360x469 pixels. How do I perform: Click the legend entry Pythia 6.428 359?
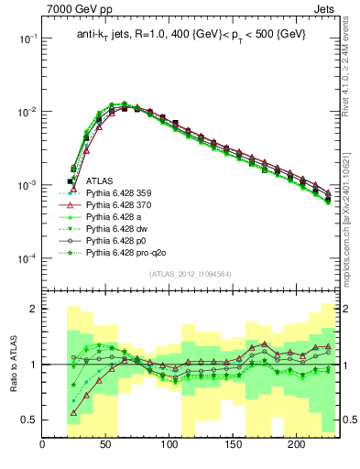click(x=120, y=194)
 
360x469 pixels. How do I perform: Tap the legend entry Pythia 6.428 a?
click(x=115, y=217)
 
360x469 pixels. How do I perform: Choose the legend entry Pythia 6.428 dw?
click(x=118, y=228)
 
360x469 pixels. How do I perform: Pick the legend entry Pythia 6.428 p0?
click(x=117, y=239)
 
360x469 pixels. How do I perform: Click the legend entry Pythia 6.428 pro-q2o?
click(x=125, y=251)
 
